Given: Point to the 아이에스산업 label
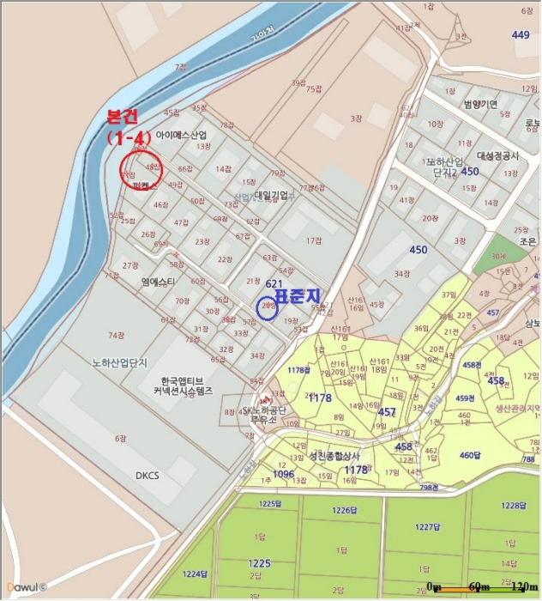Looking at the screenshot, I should click(x=181, y=135).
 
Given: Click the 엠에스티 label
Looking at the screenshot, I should click(x=159, y=282).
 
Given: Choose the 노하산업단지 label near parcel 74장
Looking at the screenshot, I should click(x=120, y=363).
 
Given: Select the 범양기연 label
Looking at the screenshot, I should click(x=480, y=105).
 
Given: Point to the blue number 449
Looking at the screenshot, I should click(x=521, y=35).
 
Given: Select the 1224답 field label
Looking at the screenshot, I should click(x=196, y=573).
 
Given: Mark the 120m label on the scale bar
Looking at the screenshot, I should click(x=519, y=586).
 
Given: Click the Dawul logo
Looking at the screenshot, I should click(x=26, y=587).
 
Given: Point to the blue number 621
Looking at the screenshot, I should click(x=274, y=284).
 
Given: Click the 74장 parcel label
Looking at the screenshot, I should click(x=117, y=335).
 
